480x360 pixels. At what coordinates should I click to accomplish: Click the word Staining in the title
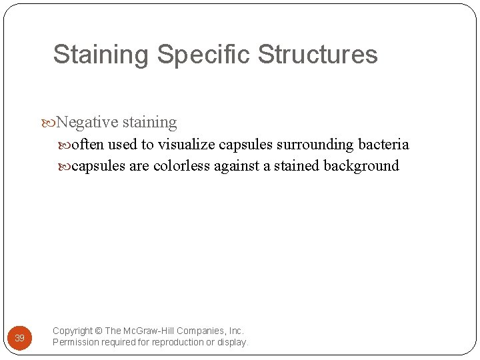pyautogui.click(x=101, y=55)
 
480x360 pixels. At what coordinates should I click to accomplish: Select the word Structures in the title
pyautogui.click(x=317, y=55)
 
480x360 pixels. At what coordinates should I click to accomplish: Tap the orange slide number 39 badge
pyautogui.click(x=20, y=338)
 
